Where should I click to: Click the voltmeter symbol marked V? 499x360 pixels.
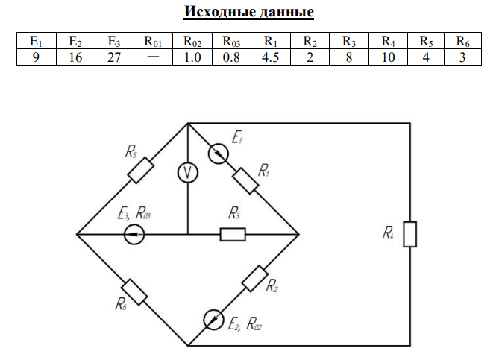pos(188,173)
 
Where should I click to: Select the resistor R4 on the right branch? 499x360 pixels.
pos(409,233)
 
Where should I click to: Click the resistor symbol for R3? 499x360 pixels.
pos(233,235)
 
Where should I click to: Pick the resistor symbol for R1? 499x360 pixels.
pos(245,180)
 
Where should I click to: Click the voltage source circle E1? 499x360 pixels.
pos(219,154)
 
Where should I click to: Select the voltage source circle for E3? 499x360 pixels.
pos(134,235)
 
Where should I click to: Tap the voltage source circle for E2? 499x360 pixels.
pos(214,320)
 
